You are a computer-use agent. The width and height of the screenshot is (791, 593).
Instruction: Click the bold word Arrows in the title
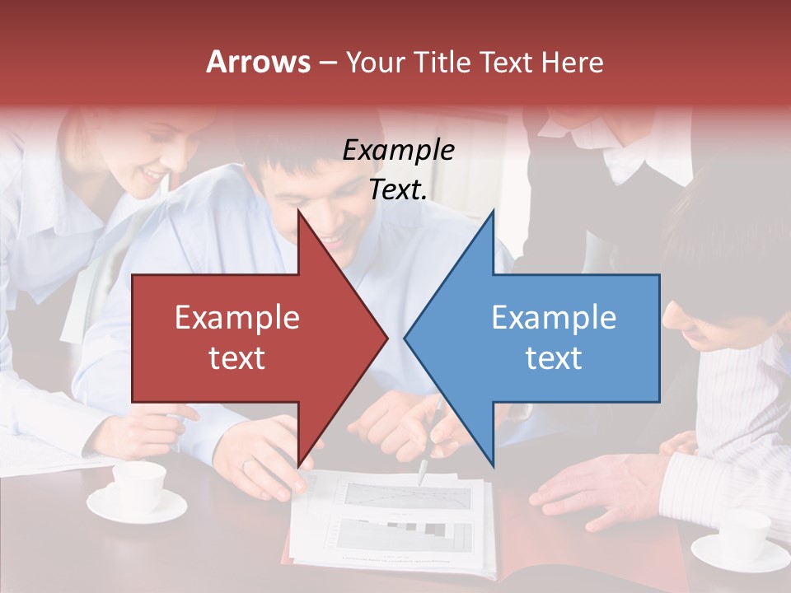[x=259, y=62]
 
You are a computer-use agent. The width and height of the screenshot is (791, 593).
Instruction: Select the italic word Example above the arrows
[x=398, y=150]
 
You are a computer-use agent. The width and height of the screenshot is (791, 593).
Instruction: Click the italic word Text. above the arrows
[x=398, y=189]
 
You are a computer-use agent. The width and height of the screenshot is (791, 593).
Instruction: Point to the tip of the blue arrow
[x=406, y=337]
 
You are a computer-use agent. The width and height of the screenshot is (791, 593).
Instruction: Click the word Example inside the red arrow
[x=237, y=318]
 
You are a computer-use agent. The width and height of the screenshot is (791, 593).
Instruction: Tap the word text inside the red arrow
[x=237, y=357]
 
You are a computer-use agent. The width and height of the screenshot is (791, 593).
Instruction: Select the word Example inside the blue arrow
[x=554, y=318]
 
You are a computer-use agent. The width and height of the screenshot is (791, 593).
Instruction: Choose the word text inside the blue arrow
[x=554, y=357]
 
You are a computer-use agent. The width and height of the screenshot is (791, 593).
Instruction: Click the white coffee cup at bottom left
[x=138, y=488]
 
